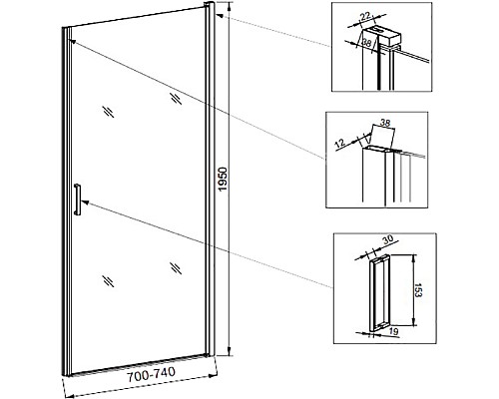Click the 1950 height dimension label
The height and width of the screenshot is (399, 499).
click(x=223, y=179)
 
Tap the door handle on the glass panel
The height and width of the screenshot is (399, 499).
click(x=77, y=199)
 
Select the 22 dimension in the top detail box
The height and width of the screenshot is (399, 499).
click(x=366, y=16)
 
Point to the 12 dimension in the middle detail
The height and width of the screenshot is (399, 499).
click(x=339, y=144)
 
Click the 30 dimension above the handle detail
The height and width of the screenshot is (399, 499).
click(x=387, y=239)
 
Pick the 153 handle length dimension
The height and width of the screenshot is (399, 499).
click(x=418, y=290)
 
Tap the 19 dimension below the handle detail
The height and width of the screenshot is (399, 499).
click(x=393, y=330)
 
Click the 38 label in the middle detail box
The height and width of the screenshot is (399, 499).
click(x=384, y=123)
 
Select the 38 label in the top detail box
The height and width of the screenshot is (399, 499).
click(x=366, y=43)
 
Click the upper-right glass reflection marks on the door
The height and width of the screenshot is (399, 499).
click(x=176, y=98)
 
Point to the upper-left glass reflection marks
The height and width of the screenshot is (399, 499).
click(x=108, y=112)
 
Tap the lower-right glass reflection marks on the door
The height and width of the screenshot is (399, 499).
click(x=176, y=268)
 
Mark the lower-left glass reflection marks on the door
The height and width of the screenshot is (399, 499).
click(x=108, y=281)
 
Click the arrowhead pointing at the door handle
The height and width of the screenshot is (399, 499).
click(x=84, y=201)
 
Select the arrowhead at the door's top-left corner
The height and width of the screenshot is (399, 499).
click(x=73, y=41)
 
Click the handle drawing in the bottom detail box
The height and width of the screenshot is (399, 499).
click(x=379, y=293)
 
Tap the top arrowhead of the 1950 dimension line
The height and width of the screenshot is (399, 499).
click(x=230, y=6)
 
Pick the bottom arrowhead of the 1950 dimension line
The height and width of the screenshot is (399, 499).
click(x=230, y=352)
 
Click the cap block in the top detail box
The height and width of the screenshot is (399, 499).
click(x=381, y=35)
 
